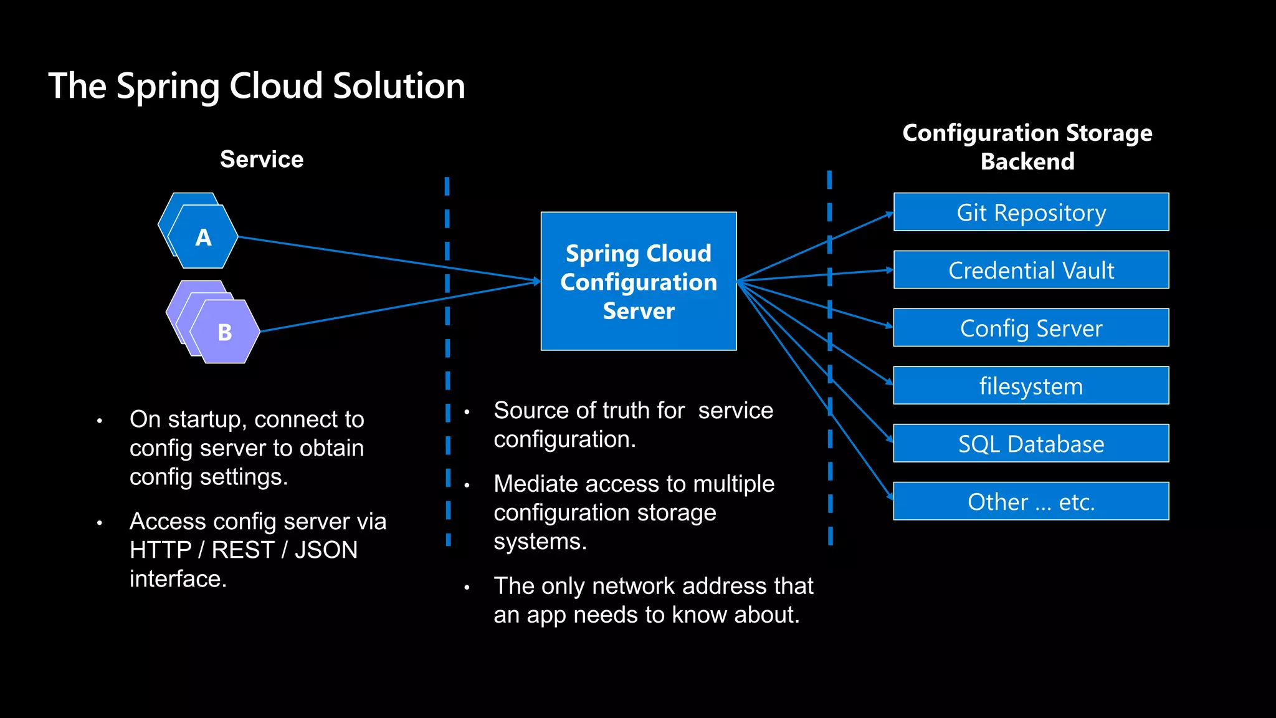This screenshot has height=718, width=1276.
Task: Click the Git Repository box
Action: (1031, 212)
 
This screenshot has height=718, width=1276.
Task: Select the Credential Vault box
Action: (1031, 270)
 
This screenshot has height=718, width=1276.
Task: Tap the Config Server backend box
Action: (1031, 328)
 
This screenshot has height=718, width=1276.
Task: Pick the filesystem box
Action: (1031, 386)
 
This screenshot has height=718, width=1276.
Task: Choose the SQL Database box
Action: (1031, 444)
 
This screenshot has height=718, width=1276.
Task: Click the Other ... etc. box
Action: (1031, 502)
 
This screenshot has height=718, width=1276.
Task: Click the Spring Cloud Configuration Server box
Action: (638, 282)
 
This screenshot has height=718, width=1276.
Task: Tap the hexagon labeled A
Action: (203, 237)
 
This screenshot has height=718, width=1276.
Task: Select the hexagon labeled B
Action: (225, 332)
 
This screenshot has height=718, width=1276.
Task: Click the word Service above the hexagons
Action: (262, 160)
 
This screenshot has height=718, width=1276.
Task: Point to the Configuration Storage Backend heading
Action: (1027, 147)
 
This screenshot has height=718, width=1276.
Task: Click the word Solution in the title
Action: (399, 86)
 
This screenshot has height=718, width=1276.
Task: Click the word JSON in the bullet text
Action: (326, 550)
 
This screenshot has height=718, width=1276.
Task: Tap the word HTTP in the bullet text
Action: (160, 550)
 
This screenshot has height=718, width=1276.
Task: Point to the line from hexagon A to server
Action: (386, 259)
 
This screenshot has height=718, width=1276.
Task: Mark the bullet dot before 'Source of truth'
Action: (467, 412)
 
